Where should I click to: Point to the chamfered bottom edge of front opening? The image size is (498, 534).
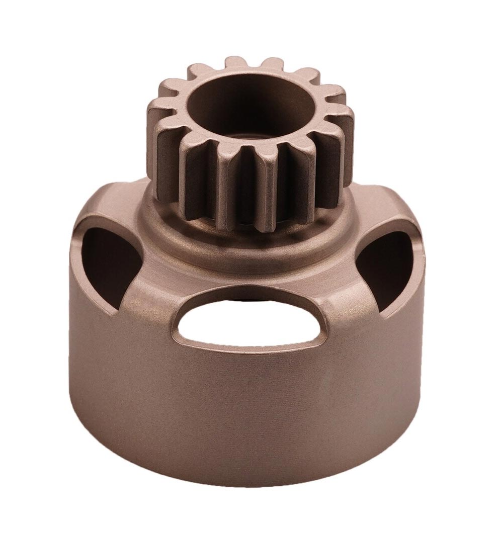[x=246, y=349]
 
